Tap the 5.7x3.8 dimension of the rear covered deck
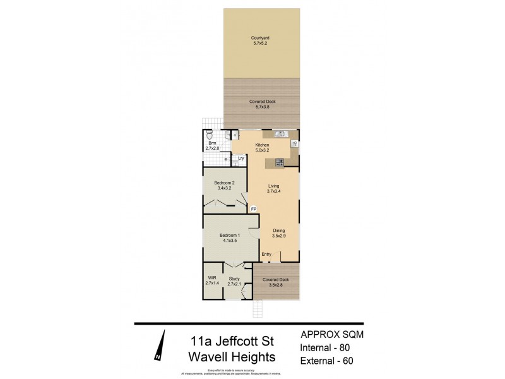pos(261,107)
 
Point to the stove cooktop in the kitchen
pos(278,163)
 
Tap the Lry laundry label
pos(241,158)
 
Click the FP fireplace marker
pos(254,209)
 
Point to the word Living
pos(273,186)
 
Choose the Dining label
pos(279,231)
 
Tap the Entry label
pos(267,255)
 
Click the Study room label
pos(234,279)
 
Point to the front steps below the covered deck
pos(258,309)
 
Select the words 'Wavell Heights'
pos(232,357)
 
